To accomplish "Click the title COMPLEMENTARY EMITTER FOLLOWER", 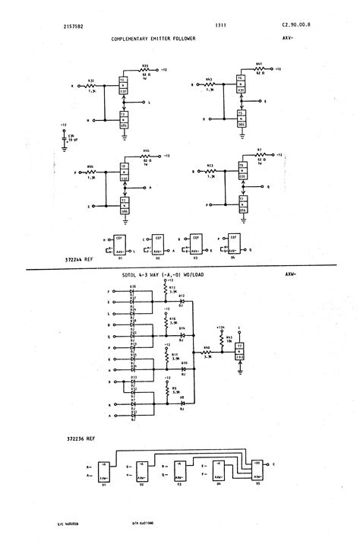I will pos(153,37).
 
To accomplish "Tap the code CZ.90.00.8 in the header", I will pos(295,25).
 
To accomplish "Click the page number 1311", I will pos(178,25).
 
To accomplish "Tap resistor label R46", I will pos(146,152).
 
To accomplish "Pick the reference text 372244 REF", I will pos(79,259).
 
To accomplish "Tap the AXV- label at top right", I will pos(289,37).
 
